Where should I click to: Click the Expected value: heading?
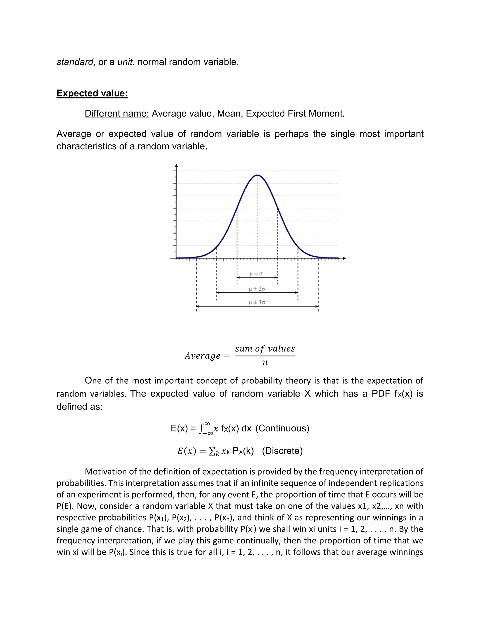coord(92,93)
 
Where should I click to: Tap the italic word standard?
coord(75,62)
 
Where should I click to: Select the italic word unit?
coord(125,62)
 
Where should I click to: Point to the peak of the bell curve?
coord(257,175)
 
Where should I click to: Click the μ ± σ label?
coord(256,273)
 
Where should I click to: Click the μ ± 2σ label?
coord(257,289)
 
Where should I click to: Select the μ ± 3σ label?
coord(257,303)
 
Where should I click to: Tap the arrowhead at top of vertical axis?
coord(176,165)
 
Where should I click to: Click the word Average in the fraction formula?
coord(202,356)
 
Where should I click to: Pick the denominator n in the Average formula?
coord(265,363)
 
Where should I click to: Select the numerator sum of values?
coord(265,349)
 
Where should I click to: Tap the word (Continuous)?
coord(282,428)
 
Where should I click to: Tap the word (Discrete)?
coord(282,451)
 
